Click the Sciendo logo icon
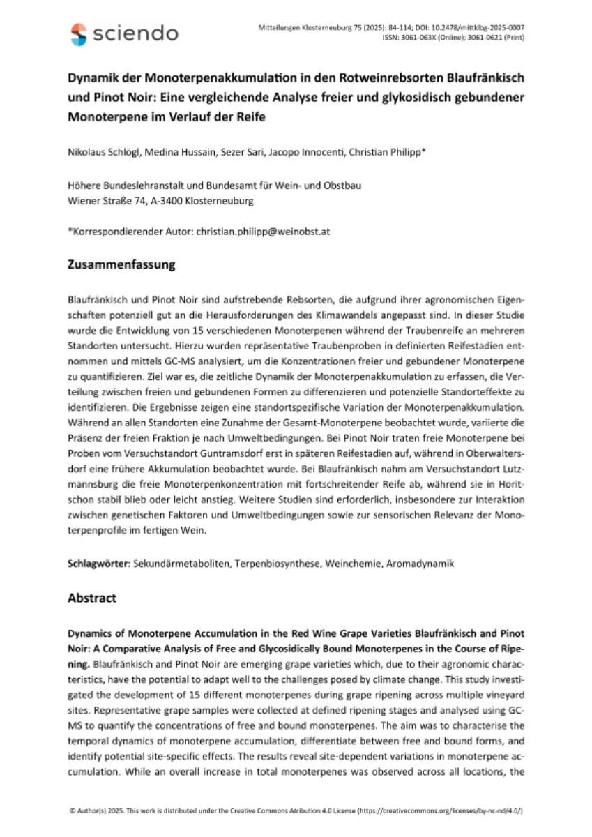[x=79, y=33]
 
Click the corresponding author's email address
[x=262, y=232]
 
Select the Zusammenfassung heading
[x=121, y=265]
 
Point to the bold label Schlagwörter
[x=98, y=562]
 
